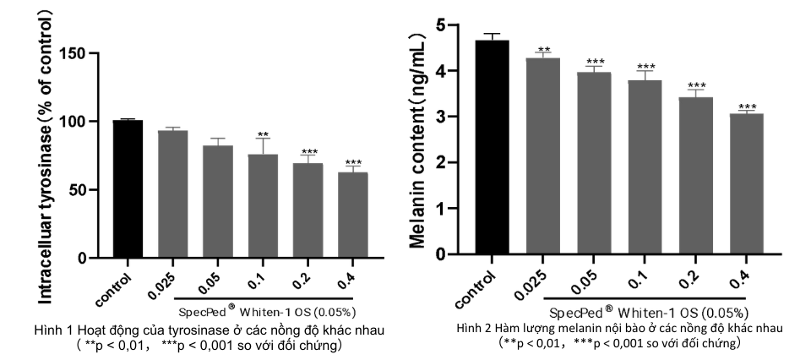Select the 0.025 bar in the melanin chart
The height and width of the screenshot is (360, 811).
click(543, 155)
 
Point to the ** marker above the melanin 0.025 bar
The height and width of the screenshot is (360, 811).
click(543, 50)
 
